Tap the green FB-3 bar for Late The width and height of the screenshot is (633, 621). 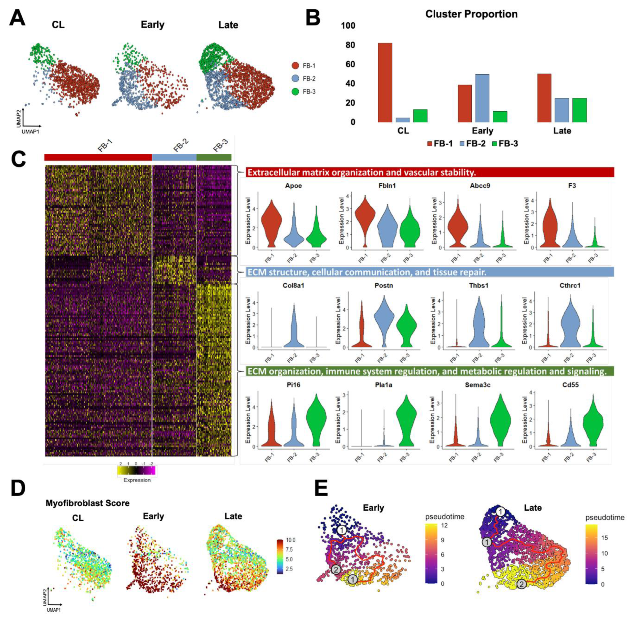pos(579,110)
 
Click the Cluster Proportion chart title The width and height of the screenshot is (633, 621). pos(471,14)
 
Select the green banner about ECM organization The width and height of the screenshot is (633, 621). pos(430,371)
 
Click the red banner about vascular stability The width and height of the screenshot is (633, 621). pos(430,172)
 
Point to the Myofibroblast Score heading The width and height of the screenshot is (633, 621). pos(87,503)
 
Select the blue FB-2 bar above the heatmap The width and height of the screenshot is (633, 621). pos(174,157)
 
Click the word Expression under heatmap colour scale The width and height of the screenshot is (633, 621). pos(137,480)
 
